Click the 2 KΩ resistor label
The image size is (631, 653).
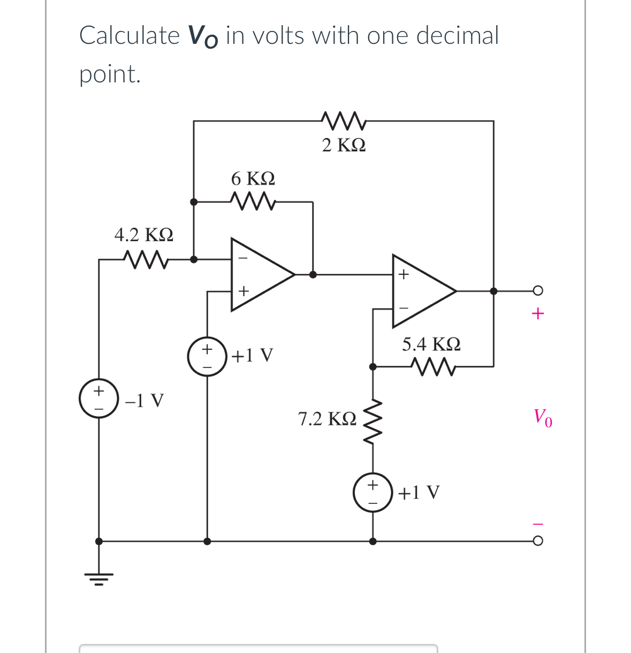tap(344, 145)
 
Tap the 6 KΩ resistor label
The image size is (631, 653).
tap(253, 178)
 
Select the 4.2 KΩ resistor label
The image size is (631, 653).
tap(143, 235)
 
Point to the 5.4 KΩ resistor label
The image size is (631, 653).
tap(431, 344)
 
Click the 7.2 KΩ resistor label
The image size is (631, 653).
tap(327, 419)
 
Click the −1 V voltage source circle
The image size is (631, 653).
tap(99, 399)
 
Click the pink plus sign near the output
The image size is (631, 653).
tap(538, 313)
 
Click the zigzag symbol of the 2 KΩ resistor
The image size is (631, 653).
tap(344, 121)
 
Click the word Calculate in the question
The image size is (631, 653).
tap(129, 36)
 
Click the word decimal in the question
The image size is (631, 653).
tap(457, 36)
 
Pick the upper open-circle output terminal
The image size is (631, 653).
tap(538, 291)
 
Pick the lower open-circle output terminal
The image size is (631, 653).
tap(538, 541)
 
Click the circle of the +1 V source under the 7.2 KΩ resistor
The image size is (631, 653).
tap(373, 493)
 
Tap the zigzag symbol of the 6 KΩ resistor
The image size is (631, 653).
tap(253, 202)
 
